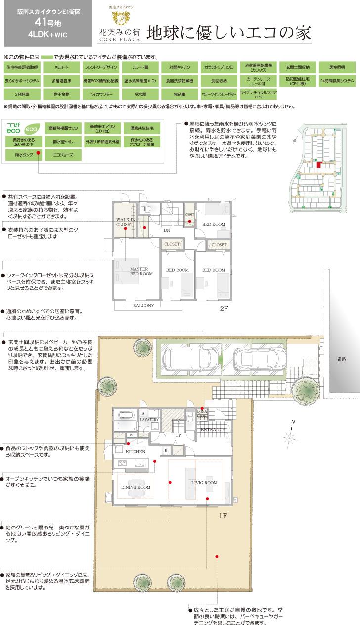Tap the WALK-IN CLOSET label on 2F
click(125, 221)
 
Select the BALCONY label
click(143, 306)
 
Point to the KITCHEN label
click(135, 452)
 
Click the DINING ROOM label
click(135, 487)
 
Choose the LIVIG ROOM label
click(204, 482)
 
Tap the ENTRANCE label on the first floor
click(213, 430)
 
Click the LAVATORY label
click(149, 420)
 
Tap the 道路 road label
click(342, 360)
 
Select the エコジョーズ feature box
click(61, 155)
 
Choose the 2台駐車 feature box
click(22, 93)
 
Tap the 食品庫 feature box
click(180, 93)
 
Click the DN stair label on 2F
click(167, 230)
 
